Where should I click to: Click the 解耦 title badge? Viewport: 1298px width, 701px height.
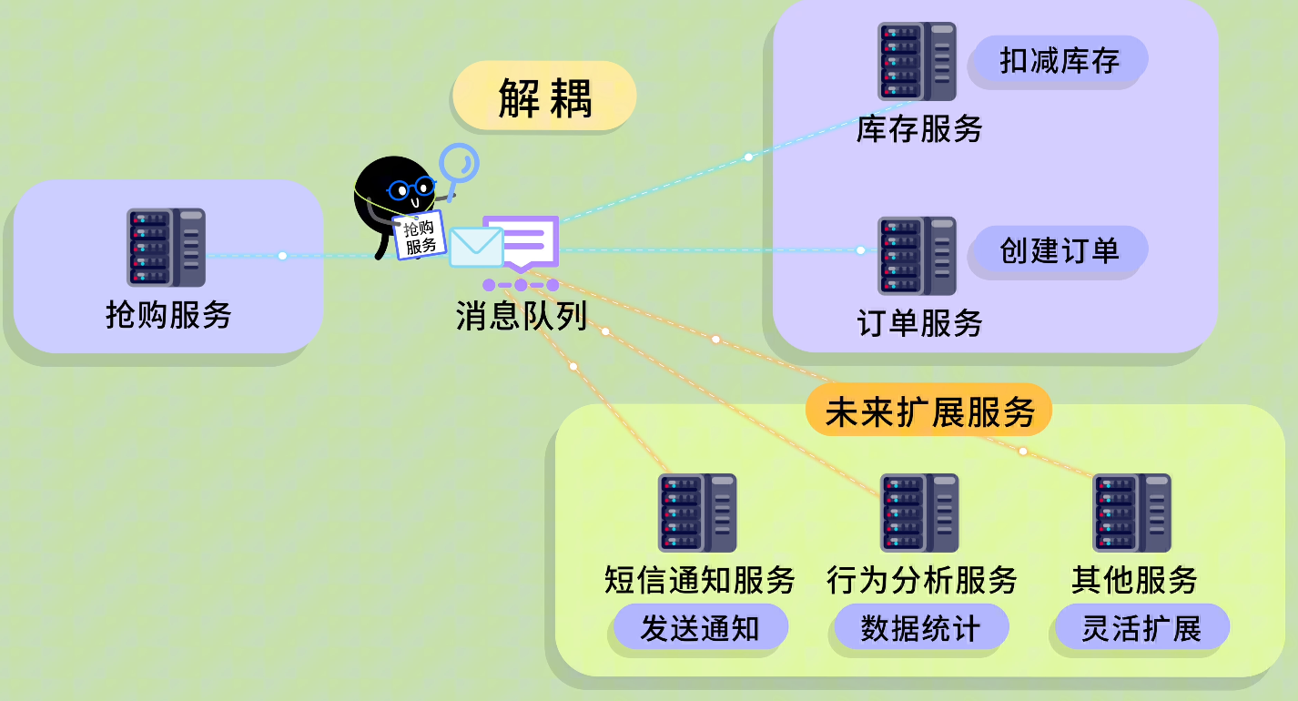coord(544,97)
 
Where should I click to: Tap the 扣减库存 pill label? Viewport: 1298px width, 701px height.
coord(1059,61)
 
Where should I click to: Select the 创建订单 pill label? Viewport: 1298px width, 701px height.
coord(1059,250)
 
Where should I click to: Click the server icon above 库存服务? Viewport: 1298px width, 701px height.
coord(917,62)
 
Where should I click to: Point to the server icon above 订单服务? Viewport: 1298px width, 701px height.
coord(917,256)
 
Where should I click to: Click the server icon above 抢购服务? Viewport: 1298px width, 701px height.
coord(166,248)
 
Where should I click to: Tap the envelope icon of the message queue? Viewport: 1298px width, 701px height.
coord(476,247)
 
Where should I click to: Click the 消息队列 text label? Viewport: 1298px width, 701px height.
coord(521,315)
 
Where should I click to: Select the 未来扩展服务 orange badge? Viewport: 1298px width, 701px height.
coord(929,412)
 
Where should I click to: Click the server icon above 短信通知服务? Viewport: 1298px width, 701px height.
coord(697,513)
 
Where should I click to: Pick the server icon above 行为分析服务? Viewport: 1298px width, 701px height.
coord(919,513)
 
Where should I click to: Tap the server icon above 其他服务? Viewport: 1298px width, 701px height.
coord(1132,513)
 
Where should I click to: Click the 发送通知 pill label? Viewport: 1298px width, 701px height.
coord(699,627)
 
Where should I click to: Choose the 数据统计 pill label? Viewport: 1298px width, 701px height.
coord(920,627)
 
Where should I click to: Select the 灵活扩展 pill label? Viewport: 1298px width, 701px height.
coord(1141,627)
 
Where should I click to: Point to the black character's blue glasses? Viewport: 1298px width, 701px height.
coord(411,189)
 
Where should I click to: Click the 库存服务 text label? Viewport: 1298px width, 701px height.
coord(919,129)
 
